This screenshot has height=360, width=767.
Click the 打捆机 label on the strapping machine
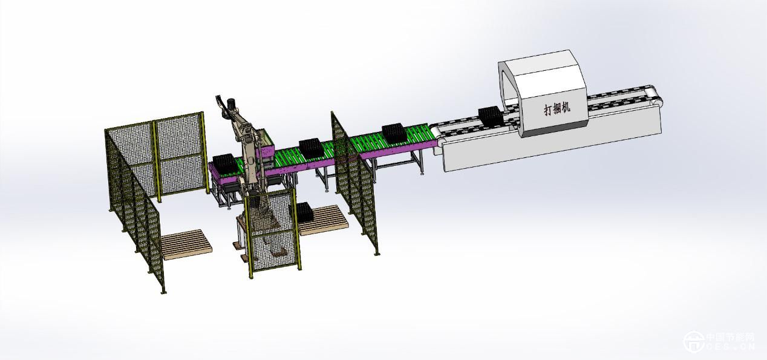(557, 108)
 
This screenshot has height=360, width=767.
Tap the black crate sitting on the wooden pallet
(302, 212)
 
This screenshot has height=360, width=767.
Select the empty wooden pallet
(185, 244)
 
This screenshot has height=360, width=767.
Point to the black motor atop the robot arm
(231, 104)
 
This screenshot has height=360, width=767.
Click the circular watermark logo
(694, 341)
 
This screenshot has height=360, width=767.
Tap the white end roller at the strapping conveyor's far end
(656, 97)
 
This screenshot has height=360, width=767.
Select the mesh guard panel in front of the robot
(273, 232)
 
